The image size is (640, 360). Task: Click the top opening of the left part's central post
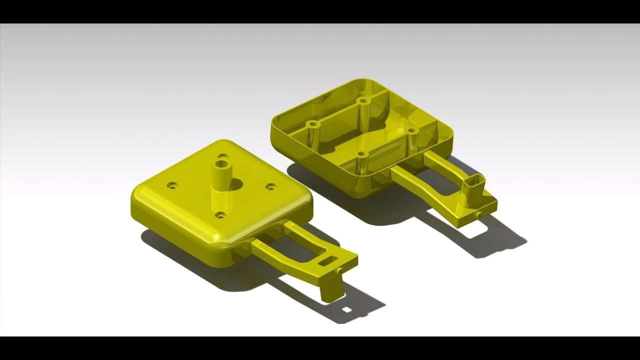point(221,163)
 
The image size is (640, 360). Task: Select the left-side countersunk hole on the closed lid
point(172,185)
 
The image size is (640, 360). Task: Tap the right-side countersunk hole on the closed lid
point(270,186)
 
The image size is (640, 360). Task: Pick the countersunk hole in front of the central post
point(220,215)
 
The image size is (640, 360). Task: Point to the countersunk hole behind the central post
point(223,156)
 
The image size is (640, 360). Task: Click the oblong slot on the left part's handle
point(327,260)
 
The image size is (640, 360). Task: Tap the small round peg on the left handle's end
point(340,270)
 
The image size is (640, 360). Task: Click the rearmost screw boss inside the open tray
point(364,101)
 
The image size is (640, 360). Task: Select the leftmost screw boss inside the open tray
point(313,124)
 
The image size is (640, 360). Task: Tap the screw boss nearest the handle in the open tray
point(412,131)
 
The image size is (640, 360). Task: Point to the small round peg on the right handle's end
point(479,214)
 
